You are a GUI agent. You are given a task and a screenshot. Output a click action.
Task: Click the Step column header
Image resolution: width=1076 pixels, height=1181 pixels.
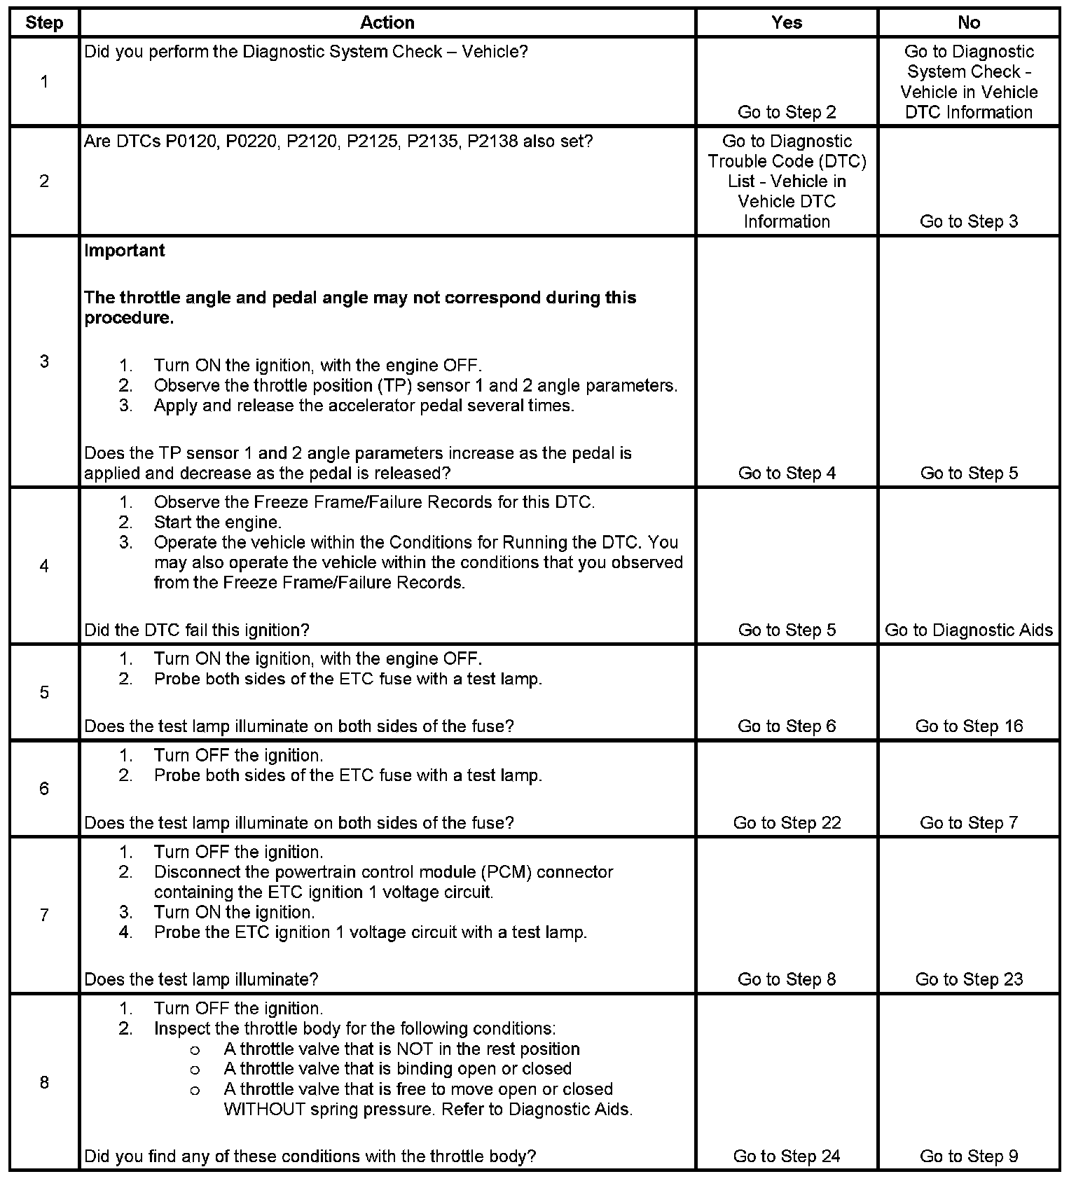coord(44,22)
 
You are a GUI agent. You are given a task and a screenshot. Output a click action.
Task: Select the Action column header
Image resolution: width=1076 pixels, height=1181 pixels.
coord(387,22)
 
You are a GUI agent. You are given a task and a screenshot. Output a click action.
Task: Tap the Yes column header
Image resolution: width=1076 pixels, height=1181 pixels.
coord(787,22)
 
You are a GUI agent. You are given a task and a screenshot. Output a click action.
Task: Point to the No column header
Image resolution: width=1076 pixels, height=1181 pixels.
coord(969,22)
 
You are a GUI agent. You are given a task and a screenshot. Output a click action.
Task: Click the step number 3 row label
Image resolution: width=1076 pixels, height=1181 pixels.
coord(44,361)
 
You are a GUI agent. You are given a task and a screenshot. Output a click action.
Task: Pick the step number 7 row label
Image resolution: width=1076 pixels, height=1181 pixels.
coord(44,915)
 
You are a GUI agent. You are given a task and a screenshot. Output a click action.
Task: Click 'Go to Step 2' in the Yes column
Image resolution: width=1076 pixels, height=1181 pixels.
coord(787,112)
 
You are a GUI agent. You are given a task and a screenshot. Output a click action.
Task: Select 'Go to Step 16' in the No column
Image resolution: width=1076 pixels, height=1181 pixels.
coord(969,726)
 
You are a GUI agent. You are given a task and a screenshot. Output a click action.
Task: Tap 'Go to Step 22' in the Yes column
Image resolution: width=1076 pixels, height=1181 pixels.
coord(787,823)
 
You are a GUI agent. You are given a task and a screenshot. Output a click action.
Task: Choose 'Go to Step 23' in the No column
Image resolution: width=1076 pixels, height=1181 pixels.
coord(969,979)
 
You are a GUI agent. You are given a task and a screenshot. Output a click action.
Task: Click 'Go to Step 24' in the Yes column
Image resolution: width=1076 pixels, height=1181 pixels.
coord(787,1156)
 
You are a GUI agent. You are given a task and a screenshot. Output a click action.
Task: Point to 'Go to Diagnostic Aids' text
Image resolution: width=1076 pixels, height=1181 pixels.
coord(969,630)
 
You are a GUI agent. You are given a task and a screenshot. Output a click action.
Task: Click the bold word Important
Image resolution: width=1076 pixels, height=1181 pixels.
coord(125,251)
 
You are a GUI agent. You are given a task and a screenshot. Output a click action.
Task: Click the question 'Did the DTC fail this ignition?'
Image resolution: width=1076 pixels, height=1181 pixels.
coord(197,630)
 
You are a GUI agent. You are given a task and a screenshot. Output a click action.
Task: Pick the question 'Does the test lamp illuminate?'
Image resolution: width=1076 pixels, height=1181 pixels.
coord(201,979)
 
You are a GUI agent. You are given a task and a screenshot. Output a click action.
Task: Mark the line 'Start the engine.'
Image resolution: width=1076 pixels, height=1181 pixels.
coord(218,523)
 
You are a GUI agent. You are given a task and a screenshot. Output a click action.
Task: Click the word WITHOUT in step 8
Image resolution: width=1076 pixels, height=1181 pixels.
coord(264,1110)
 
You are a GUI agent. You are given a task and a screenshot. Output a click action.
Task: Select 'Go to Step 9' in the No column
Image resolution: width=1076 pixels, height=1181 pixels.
coord(969,1156)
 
